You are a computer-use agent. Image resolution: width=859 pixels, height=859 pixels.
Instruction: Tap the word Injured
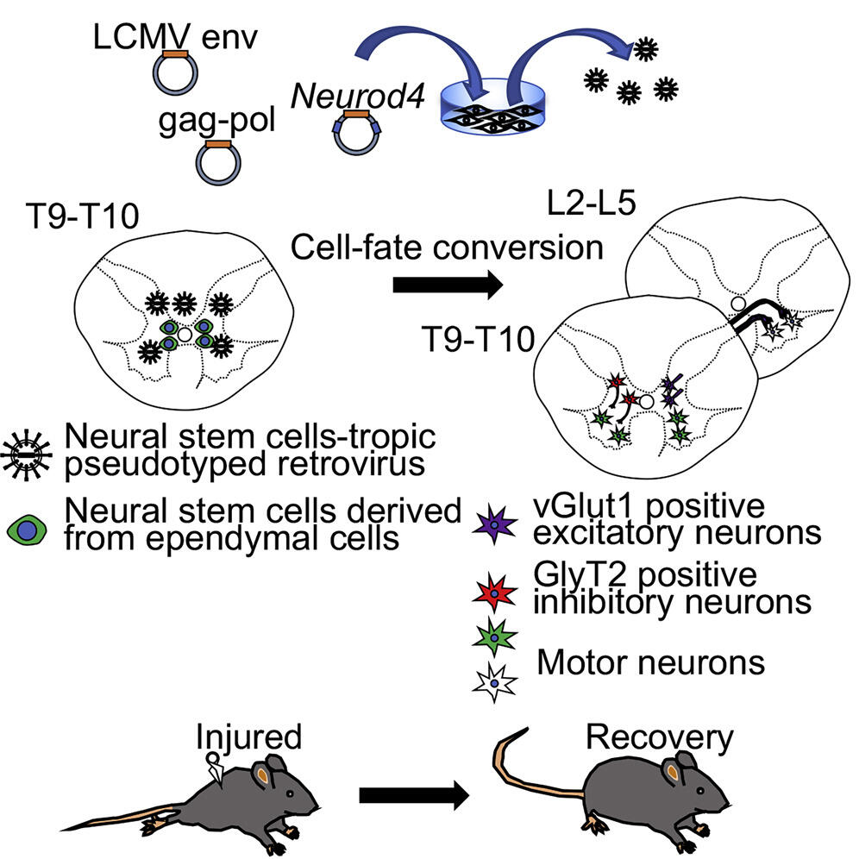click(249, 737)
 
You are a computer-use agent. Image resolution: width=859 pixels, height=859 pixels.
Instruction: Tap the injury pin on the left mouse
click(215, 769)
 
